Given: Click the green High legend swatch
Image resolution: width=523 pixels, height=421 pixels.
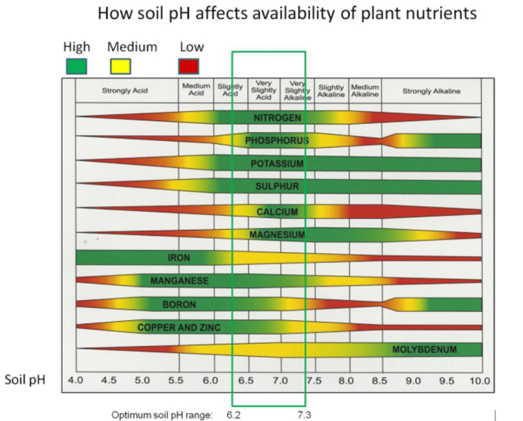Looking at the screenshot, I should point(75,66).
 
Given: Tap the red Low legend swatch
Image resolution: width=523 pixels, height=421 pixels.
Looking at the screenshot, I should point(189,66).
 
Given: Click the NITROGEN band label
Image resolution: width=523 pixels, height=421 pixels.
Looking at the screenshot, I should point(277,118).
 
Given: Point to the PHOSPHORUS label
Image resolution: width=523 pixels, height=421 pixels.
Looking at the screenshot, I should point(276,140).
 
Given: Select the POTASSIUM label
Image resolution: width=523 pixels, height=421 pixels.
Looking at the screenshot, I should point(277,163).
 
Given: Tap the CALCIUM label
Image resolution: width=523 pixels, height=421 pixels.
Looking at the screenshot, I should point(277,212).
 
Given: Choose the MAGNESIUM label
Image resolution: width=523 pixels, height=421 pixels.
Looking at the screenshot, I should point(277,234).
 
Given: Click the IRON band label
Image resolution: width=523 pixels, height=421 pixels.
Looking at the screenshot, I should point(179,258).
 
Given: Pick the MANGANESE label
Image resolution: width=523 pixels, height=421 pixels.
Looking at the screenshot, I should point(179,281).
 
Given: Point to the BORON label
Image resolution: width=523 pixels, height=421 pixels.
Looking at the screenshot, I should point(179,305).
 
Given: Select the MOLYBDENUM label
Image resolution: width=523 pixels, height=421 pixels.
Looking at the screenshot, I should point(424,349).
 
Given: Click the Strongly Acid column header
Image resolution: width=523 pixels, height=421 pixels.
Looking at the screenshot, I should point(126,91).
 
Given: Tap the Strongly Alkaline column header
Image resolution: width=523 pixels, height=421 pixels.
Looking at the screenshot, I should point(431,91).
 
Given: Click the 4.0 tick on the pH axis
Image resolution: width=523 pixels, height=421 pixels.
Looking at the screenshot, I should point(76,381).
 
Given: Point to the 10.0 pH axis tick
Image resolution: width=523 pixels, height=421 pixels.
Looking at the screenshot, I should point(479,381).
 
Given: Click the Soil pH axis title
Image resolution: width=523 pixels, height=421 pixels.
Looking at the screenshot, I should point(25,380).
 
